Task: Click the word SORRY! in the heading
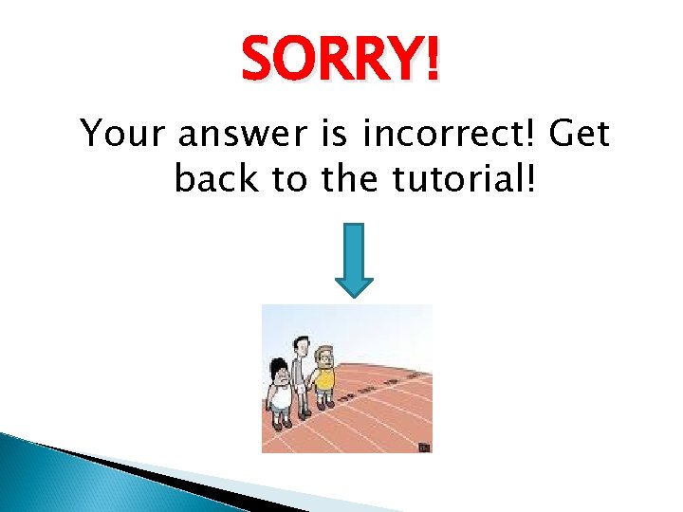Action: pyautogui.click(x=341, y=61)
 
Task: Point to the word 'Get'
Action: pyautogui.click(x=580, y=135)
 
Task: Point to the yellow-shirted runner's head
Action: pyautogui.click(x=325, y=356)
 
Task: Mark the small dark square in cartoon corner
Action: pyautogui.click(x=424, y=445)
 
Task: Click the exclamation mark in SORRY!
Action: pyautogui.click(x=433, y=61)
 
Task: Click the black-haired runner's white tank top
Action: pyautogui.click(x=281, y=394)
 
